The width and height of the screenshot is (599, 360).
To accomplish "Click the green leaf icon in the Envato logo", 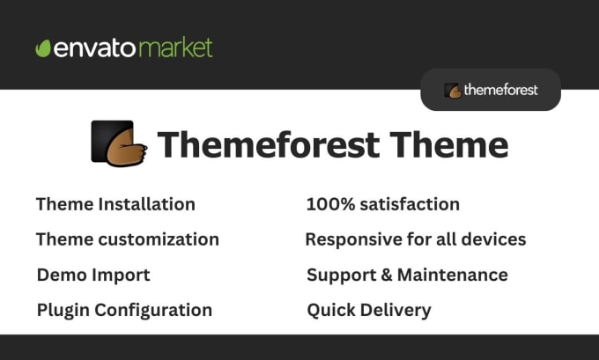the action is pyautogui.click(x=43, y=48).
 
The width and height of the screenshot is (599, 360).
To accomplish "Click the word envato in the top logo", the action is pyautogui.click(x=95, y=48).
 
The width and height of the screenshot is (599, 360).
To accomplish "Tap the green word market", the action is pyautogui.click(x=175, y=48).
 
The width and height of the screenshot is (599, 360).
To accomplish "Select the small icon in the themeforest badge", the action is pyautogui.click(x=453, y=91).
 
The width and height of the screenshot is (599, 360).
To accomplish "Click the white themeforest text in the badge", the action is pyautogui.click(x=501, y=90).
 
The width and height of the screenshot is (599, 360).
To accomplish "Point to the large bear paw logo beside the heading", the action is pyautogui.click(x=119, y=143).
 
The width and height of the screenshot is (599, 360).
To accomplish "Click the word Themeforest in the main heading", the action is pyautogui.click(x=269, y=144).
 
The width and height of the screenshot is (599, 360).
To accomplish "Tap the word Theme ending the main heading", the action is pyautogui.click(x=449, y=144).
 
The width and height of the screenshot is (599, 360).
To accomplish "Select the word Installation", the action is pyautogui.click(x=147, y=204).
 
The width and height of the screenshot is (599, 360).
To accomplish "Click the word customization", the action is pyautogui.click(x=159, y=239).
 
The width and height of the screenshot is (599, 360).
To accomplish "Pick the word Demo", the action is pyautogui.click(x=63, y=275).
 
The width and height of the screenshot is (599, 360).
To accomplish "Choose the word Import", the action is pyautogui.click(x=121, y=276).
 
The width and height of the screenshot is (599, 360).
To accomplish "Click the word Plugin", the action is pyautogui.click(x=63, y=311).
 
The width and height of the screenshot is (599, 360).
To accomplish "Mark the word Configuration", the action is pyautogui.click(x=153, y=311).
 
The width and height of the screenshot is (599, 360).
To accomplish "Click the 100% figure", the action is pyautogui.click(x=331, y=204).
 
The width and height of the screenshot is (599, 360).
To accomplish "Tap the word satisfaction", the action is pyautogui.click(x=410, y=204).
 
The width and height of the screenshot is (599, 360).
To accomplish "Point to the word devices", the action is pyautogui.click(x=493, y=239).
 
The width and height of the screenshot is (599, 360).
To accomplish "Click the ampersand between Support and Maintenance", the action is pyautogui.click(x=387, y=276).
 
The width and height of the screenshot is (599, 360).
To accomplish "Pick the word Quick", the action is pyautogui.click(x=331, y=310).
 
